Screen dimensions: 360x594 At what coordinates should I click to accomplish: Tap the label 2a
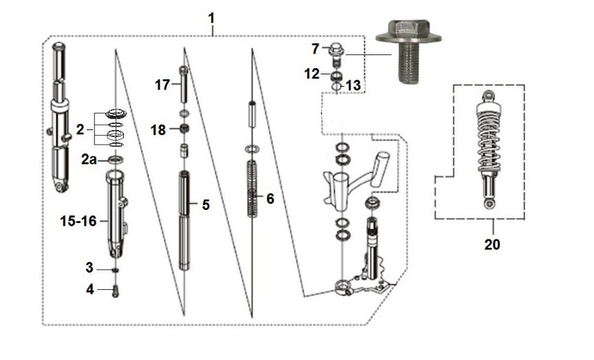pos(89,160)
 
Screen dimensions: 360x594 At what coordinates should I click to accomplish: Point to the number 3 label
pos(89,267)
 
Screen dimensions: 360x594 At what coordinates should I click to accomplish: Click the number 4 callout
pos(89,290)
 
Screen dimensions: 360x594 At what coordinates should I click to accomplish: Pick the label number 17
pos(162,85)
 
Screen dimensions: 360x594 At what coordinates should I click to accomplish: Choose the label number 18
pos(158,129)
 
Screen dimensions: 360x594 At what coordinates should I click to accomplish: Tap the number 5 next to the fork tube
pos(205,204)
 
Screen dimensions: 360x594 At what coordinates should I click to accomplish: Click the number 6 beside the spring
pos(270,199)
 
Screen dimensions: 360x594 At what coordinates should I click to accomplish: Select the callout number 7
pos(316,49)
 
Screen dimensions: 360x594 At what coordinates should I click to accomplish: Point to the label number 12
pos(312,73)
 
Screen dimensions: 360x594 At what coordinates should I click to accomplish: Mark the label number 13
pos(352,85)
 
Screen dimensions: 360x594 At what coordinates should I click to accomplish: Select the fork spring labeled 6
pos(253,189)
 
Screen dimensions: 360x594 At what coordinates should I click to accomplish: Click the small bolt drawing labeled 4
pos(115,290)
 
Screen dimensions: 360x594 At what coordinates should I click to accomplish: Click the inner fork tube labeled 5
pos(184,220)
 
